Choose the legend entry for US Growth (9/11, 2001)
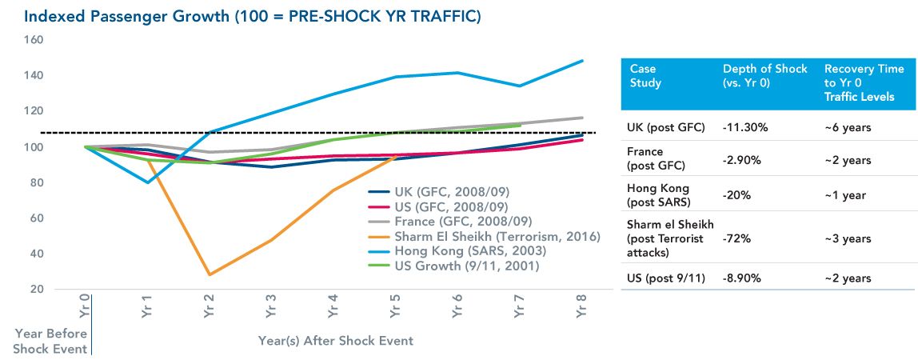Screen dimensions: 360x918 pos(466,265)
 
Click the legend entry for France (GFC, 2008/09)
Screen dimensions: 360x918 pos(461,221)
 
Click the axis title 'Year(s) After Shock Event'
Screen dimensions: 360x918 pos(336,341)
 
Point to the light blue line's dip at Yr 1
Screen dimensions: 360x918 pos(148,182)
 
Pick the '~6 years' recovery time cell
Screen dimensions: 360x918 pos(848,126)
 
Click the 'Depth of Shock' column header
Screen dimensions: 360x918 pos(764,75)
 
